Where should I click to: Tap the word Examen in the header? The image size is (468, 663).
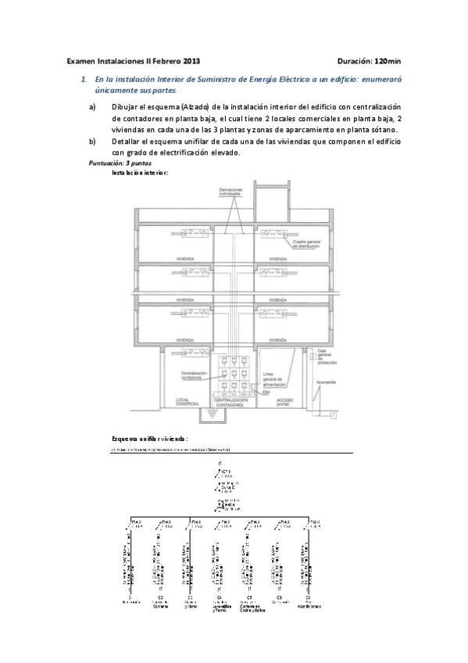[x=81, y=60]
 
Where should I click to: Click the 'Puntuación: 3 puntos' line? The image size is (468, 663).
[x=116, y=163]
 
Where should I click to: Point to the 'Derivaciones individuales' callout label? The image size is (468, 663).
[x=230, y=193]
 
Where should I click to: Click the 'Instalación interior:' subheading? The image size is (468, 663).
[x=141, y=172]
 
